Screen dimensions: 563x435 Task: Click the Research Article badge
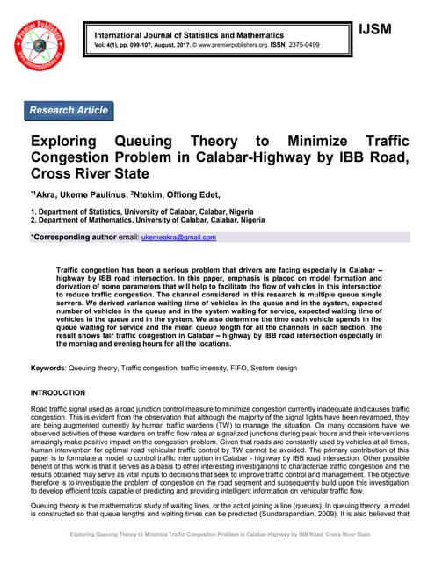click(69, 111)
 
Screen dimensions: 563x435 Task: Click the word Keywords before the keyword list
click(48, 366)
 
